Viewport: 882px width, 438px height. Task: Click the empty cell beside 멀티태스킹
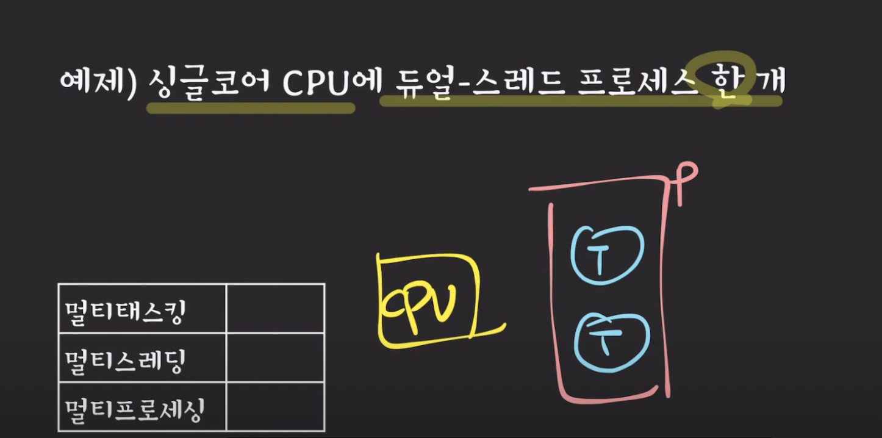[x=275, y=309]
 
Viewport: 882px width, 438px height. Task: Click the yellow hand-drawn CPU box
[x=428, y=301]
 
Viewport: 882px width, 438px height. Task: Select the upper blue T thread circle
[x=607, y=255]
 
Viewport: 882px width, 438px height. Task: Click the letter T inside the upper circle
[x=600, y=258]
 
